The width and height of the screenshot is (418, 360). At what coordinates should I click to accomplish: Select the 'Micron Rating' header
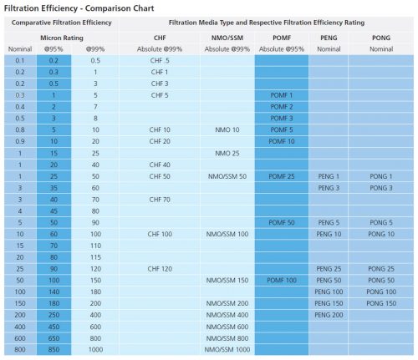[59, 38]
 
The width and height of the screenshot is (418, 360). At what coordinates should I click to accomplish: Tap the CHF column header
[160, 38]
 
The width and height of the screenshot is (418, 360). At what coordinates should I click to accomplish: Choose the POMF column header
[282, 38]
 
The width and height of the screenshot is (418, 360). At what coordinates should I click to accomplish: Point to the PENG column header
[329, 38]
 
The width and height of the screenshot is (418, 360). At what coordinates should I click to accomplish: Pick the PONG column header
[380, 38]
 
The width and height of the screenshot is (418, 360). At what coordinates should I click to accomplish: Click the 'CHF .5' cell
[160, 61]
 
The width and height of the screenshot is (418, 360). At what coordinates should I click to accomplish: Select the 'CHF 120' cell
[160, 268]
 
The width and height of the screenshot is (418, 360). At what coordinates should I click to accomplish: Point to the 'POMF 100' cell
[282, 280]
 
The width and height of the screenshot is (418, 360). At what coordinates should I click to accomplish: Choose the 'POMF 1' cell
[282, 95]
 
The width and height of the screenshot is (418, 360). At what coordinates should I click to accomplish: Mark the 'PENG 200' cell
[329, 314]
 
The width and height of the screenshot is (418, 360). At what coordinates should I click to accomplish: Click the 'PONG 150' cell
[380, 302]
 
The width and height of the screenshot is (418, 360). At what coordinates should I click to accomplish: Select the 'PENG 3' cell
[329, 188]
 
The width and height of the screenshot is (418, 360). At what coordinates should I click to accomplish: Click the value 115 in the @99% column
[96, 256]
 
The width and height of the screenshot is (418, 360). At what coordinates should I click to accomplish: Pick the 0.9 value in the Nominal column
[19, 142]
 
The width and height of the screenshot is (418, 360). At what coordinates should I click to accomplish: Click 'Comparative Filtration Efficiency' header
[59, 23]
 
